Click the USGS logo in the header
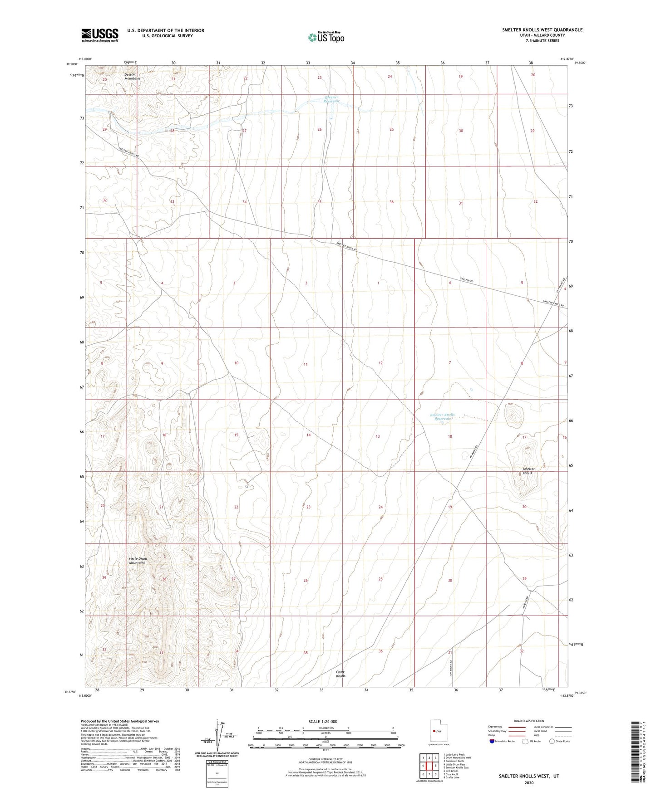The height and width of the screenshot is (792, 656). (x=100, y=35)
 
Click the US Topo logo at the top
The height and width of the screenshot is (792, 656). (x=326, y=37)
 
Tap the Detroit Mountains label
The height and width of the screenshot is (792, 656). (x=133, y=76)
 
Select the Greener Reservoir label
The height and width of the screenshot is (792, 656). (x=331, y=99)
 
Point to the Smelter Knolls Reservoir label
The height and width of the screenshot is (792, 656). (x=442, y=417)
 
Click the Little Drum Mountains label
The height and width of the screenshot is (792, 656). (x=137, y=561)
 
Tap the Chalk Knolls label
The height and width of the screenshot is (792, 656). (x=340, y=674)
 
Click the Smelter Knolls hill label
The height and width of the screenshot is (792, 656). (x=528, y=471)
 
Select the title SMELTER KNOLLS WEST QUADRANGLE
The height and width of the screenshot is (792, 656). (x=542, y=30)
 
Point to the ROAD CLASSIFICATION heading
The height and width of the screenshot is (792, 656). (x=529, y=721)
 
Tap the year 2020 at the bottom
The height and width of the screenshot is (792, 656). (x=528, y=782)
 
